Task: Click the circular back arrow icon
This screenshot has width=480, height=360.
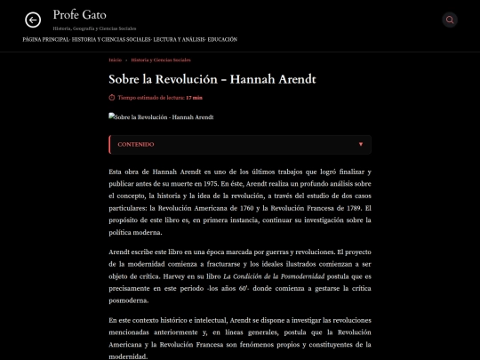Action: click(x=33, y=20)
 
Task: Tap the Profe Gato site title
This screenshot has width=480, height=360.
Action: click(x=79, y=15)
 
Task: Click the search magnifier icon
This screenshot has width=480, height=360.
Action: click(x=450, y=20)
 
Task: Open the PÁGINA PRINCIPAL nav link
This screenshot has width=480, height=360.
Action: click(x=45, y=40)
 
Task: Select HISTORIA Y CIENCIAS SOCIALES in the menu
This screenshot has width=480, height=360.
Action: click(x=111, y=40)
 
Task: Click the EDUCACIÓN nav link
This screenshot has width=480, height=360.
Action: click(x=223, y=40)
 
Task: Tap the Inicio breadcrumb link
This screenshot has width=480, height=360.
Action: click(x=115, y=60)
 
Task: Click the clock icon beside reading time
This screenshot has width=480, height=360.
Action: click(x=111, y=98)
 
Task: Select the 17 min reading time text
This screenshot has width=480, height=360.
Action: click(x=194, y=98)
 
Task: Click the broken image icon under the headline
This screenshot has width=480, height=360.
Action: click(x=111, y=116)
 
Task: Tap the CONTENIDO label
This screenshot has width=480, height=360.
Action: click(x=136, y=144)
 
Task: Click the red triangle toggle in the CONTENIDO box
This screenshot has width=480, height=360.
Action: click(x=360, y=144)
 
